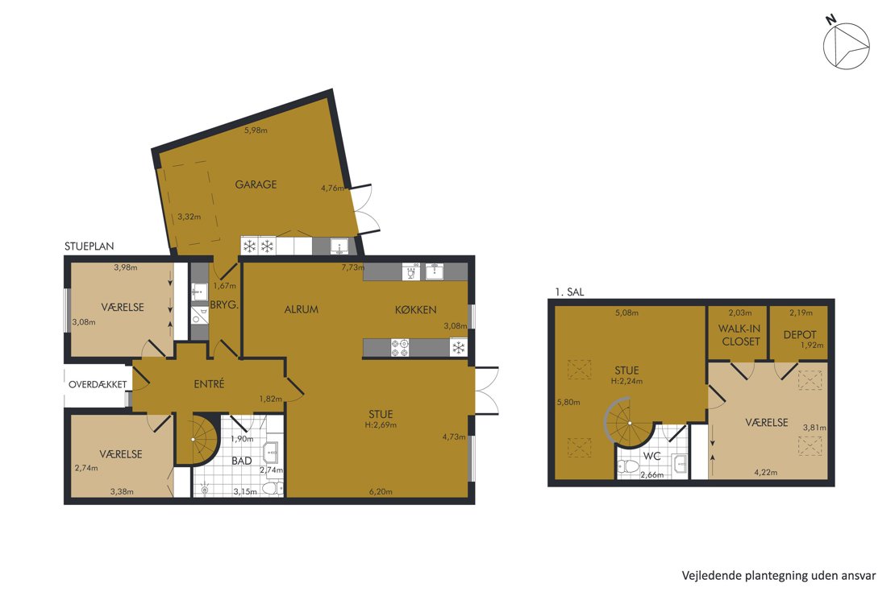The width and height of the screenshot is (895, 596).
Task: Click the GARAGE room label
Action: (256, 184)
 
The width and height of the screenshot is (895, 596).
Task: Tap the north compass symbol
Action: (845, 44)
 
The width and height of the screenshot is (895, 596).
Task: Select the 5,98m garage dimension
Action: (256, 130)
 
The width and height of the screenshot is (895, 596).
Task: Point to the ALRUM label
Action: (302, 310)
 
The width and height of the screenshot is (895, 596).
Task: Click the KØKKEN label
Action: (415, 310)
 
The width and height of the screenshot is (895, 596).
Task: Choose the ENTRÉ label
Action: (209, 384)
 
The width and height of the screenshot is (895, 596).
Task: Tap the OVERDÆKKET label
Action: (98, 384)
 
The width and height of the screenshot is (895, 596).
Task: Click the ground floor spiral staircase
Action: (195, 440)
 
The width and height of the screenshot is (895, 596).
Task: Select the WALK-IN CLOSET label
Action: (740, 335)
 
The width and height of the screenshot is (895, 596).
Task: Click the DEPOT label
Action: (800, 335)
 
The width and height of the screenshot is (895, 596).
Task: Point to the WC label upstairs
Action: (651, 457)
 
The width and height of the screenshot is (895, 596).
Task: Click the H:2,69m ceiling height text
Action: (381, 425)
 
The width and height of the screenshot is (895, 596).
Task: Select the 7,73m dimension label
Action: (352, 267)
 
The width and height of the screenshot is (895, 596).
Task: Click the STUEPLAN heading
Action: (89, 246)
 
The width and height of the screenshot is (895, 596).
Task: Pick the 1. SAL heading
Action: (569, 292)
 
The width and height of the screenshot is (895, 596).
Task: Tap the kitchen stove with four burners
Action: (400, 347)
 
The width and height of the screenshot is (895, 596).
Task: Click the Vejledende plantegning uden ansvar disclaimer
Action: (779, 576)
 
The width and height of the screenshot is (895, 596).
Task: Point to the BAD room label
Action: (241, 461)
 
